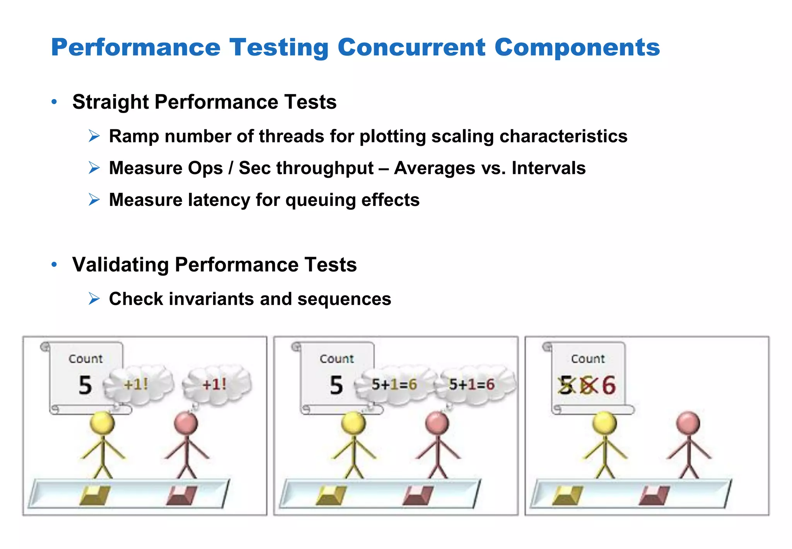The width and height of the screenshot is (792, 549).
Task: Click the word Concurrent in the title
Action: (x=411, y=48)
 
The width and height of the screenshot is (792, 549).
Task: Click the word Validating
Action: (x=120, y=265)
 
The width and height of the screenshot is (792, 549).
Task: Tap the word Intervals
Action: (x=548, y=168)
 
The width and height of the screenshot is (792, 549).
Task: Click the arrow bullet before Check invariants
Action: (x=94, y=299)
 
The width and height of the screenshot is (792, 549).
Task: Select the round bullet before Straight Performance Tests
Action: (x=54, y=102)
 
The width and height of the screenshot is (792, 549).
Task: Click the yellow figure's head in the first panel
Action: (x=102, y=423)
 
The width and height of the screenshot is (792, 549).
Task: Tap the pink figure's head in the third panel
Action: (x=688, y=423)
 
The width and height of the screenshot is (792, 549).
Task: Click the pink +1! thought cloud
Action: (x=216, y=384)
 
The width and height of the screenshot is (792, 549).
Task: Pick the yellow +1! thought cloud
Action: (x=137, y=384)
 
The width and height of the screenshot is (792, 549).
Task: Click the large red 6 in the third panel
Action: (x=608, y=385)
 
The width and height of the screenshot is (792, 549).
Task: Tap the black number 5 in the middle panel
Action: (x=336, y=385)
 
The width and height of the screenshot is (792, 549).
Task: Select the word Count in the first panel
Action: (x=85, y=359)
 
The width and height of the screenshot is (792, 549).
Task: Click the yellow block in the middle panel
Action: (x=331, y=496)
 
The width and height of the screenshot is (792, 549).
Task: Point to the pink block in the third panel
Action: (x=654, y=496)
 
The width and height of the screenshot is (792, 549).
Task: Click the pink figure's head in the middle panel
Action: (x=437, y=423)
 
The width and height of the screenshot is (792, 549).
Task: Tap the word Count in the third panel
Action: (x=588, y=359)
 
